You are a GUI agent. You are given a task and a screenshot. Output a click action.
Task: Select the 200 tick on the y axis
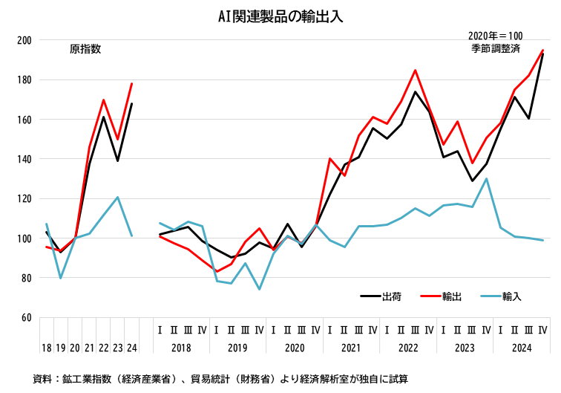pos(24,40)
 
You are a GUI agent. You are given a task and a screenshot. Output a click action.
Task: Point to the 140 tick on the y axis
pos(24,159)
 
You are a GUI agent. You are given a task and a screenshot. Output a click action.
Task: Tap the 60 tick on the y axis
pos(26,317)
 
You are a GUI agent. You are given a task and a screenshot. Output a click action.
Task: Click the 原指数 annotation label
pos(85,49)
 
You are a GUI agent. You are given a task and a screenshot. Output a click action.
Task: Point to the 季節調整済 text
pos(495,48)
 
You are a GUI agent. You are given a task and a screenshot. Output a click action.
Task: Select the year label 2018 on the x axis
pos(181,347)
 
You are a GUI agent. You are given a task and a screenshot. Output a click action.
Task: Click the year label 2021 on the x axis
pos(351,347)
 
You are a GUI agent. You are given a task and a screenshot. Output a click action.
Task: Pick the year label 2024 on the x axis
pos(521,347)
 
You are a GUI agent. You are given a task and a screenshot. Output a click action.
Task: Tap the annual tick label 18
pos(46,347)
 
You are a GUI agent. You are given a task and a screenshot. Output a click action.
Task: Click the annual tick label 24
pos(131,347)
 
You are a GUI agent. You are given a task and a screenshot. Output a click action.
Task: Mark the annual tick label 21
pos(89,347)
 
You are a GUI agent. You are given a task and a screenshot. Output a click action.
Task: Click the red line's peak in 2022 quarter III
pos(415,70)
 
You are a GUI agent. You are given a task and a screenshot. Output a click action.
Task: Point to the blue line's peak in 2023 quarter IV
pos(486,178)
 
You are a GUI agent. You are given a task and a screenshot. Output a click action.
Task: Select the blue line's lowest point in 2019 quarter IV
pos(260,289)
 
